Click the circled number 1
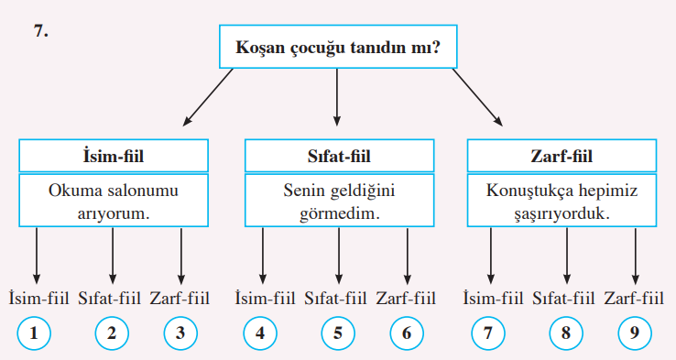(34, 334)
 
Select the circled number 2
(111, 334)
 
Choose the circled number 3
(181, 334)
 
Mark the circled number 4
(261, 334)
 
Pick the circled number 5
(337, 334)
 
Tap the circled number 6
(407, 334)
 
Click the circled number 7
(489, 334)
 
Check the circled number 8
(565, 334)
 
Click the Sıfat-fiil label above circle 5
(337, 297)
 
